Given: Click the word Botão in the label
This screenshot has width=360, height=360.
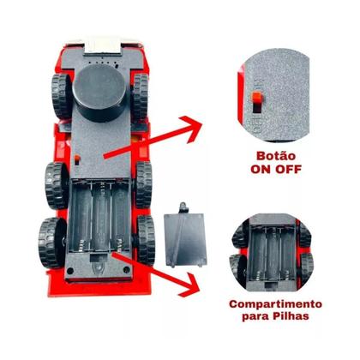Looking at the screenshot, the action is pos(276,156).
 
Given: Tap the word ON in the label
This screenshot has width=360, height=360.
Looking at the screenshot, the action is pos(261,170).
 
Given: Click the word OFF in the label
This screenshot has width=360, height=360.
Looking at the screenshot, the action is pos(288,170).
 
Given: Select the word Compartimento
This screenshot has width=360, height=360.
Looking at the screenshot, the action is pos(275,304).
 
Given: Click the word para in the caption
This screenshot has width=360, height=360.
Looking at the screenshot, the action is pos(255,317).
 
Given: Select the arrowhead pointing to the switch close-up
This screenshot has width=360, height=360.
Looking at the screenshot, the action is pos(191,129).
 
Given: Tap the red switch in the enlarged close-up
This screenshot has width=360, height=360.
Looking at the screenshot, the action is pos(258,98).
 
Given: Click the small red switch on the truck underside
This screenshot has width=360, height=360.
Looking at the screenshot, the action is pos(77,158).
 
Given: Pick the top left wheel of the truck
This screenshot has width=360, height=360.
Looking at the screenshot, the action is pos(62,96).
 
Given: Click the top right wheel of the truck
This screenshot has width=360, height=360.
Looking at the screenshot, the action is pos(141,96).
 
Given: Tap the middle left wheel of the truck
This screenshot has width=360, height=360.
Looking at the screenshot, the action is pos(56,186).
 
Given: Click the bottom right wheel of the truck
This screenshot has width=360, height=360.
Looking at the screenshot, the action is pos(146,240).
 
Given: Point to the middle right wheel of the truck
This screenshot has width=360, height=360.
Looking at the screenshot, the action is pos(143,184).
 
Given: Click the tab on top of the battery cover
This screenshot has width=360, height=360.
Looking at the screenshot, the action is pos(183,207).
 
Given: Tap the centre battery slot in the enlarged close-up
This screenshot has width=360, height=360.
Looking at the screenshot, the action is pos(272,253).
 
